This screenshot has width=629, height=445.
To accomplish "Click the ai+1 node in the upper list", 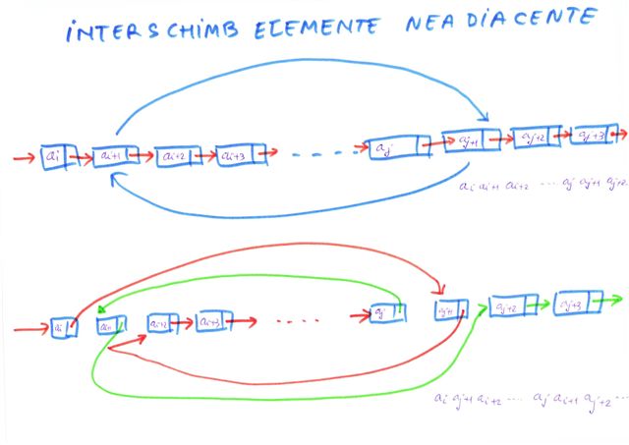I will (110, 156).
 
